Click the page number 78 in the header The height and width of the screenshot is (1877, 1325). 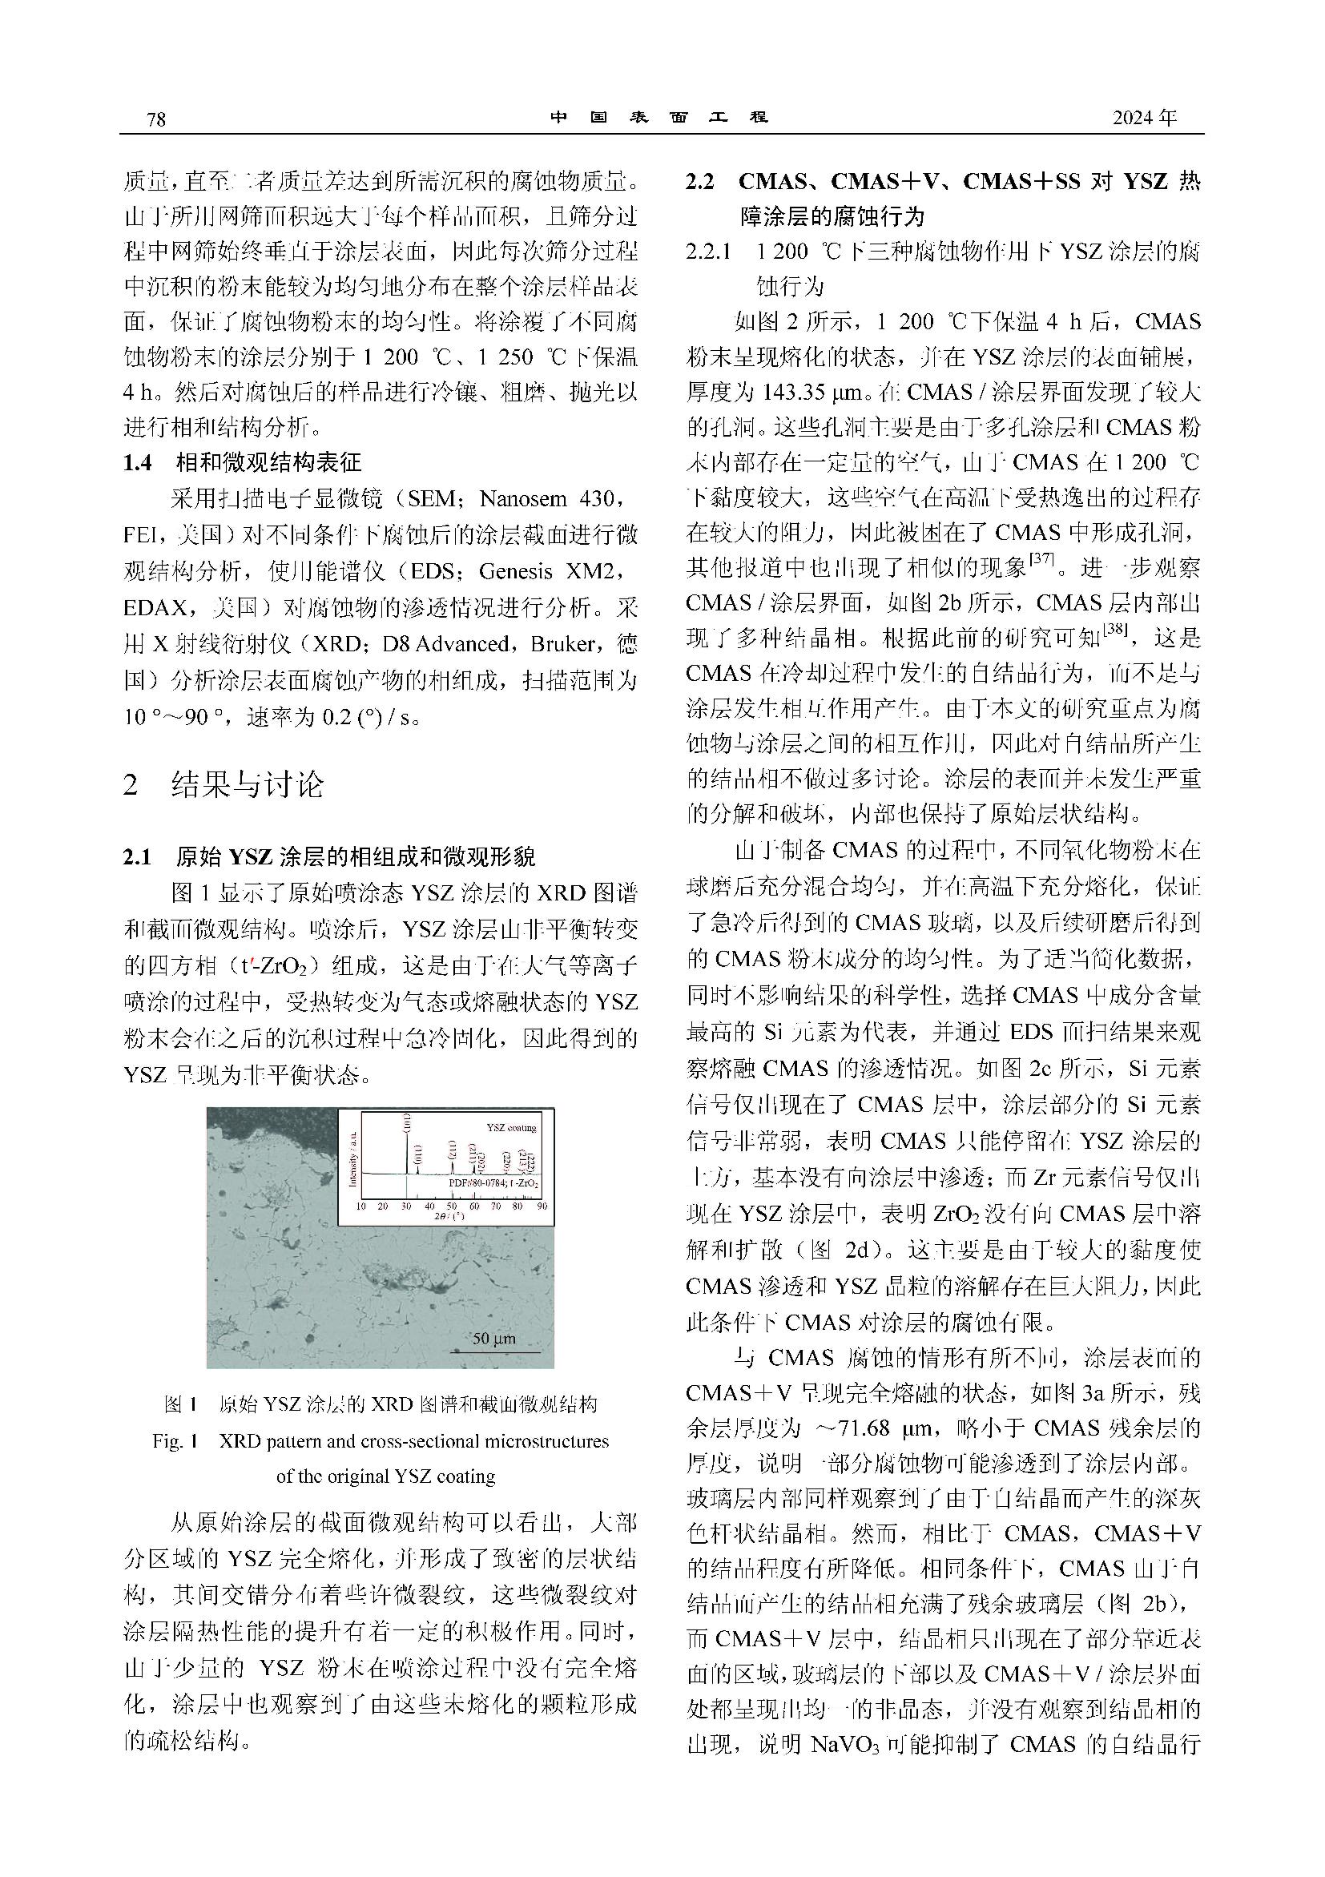pos(155,119)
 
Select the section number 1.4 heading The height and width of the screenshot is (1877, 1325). pos(137,463)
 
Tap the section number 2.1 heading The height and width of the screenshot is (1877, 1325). pos(137,856)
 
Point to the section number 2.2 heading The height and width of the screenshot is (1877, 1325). pos(699,182)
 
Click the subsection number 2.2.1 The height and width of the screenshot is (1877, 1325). pos(708,252)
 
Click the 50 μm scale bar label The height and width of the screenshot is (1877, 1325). pos(494,1339)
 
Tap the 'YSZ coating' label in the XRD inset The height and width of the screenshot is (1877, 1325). pos(511,1127)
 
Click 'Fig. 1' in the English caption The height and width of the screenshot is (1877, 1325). pos(175,1440)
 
